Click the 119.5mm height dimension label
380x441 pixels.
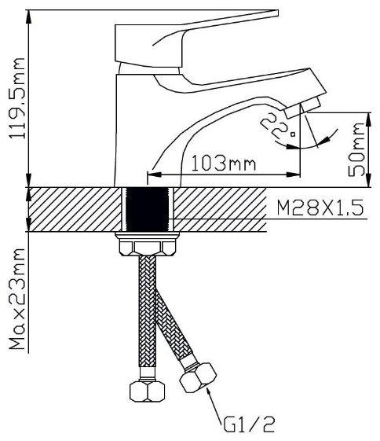click(x=16, y=98)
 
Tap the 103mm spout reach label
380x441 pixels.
click(x=224, y=163)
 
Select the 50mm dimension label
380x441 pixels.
click(x=356, y=149)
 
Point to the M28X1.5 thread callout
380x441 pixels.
click(x=320, y=208)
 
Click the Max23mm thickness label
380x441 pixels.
click(x=16, y=299)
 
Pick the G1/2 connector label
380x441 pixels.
click(x=249, y=424)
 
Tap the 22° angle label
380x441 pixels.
click(x=277, y=126)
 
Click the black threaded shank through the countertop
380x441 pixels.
click(x=148, y=209)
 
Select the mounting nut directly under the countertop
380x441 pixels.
click(x=148, y=244)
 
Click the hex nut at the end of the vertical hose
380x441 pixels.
click(x=147, y=391)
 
